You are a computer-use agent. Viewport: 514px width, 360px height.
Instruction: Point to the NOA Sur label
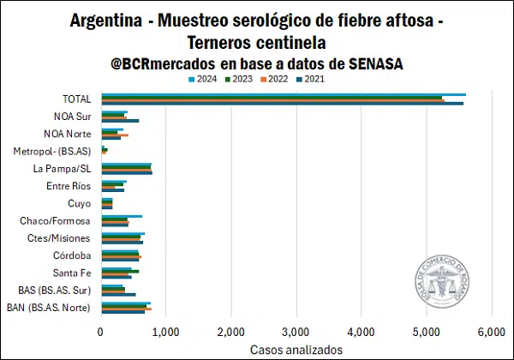click(x=73, y=117)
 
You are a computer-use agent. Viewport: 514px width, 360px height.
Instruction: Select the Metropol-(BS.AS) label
click(x=54, y=151)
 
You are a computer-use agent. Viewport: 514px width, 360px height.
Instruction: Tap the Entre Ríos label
click(x=70, y=186)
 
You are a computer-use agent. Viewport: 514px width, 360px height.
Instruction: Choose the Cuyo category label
click(x=80, y=203)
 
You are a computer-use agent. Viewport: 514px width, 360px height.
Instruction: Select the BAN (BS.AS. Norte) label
click(x=49, y=307)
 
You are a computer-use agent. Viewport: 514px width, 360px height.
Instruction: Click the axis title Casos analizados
click(x=296, y=350)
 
